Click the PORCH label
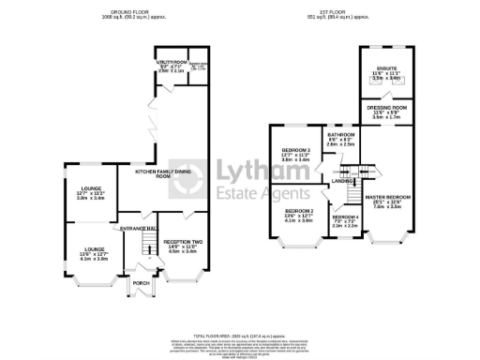[x=141, y=283]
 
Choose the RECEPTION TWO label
[x=183, y=243]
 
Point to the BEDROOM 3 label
[x=296, y=150]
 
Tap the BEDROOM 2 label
[x=299, y=212]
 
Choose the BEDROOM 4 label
[x=345, y=217]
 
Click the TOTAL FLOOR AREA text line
[x=240, y=334]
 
